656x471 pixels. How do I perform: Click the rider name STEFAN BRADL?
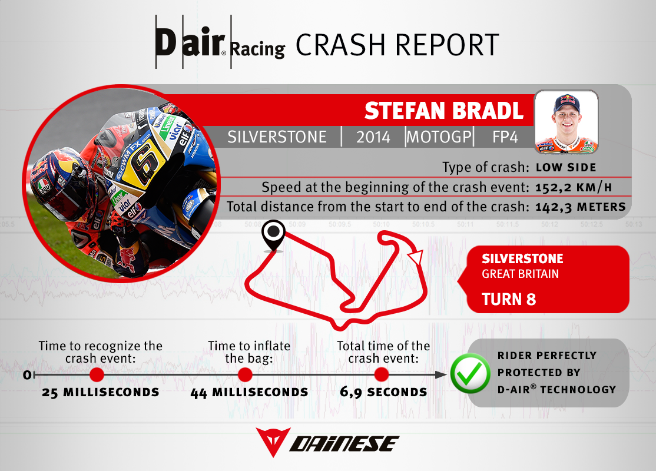(444, 111)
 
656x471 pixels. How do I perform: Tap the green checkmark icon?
(471, 373)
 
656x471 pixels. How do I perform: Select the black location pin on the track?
(273, 236)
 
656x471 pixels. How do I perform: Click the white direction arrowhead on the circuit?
(416, 257)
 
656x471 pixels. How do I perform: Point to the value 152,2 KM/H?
(574, 187)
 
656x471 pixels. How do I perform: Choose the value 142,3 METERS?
(580, 207)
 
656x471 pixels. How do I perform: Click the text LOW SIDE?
(566, 168)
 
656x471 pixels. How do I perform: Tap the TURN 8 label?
(509, 300)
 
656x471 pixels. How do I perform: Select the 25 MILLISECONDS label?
(101, 392)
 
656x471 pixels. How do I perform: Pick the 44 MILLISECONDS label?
(249, 392)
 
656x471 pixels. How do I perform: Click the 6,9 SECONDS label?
(383, 392)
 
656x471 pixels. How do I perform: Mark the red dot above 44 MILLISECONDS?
(245, 375)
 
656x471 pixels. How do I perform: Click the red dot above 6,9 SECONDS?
(382, 375)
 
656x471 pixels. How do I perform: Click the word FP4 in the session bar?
(505, 137)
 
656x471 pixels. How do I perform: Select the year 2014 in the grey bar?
(373, 137)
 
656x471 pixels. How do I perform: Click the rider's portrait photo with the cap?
(566, 122)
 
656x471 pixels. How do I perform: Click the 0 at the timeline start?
(27, 375)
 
